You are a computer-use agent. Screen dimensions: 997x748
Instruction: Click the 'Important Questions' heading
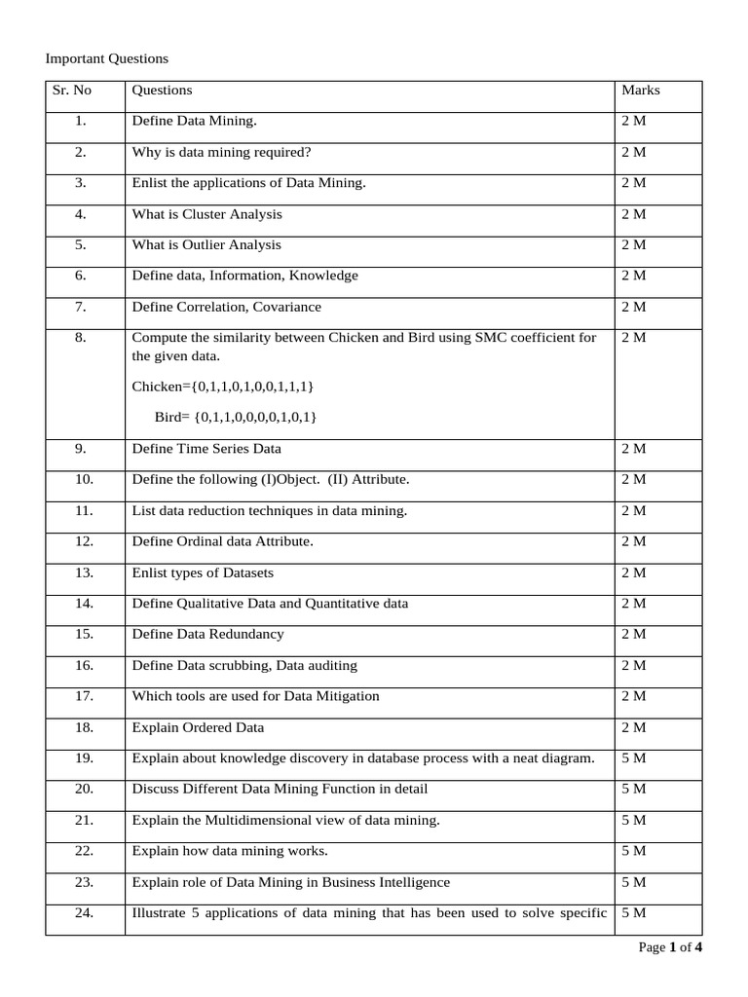[107, 58]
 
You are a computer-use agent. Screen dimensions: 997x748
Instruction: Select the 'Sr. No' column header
[73, 91]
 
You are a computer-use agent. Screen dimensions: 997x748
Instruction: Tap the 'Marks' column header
[640, 91]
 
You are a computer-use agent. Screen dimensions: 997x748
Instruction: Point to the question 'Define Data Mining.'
[195, 121]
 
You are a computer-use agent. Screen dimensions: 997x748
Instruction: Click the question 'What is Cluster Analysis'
[206, 214]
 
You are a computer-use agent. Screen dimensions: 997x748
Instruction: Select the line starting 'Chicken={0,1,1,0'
[223, 387]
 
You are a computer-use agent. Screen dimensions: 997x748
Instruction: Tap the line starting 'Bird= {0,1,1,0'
[236, 417]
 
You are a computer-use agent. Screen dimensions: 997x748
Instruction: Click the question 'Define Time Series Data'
[206, 449]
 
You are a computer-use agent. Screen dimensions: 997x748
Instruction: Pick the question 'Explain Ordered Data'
[198, 727]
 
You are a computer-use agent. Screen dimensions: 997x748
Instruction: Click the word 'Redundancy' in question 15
[252, 634]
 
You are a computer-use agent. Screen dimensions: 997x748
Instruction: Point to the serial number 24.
[83, 912]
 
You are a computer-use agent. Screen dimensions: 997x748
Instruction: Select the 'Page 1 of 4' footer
[670, 947]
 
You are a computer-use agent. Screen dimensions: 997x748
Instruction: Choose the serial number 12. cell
[83, 541]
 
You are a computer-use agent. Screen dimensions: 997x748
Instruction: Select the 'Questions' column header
[162, 91]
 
